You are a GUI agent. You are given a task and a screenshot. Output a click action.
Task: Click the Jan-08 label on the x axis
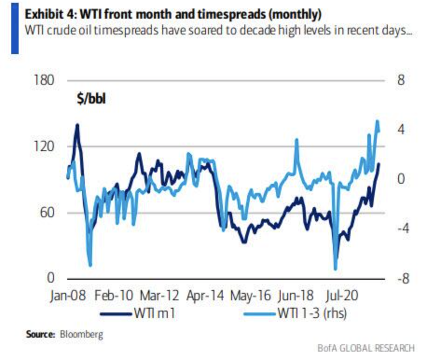click(68, 296)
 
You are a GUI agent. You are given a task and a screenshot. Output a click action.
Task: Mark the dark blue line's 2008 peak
click(77, 125)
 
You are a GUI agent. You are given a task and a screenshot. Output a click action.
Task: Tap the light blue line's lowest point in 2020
click(335, 269)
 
